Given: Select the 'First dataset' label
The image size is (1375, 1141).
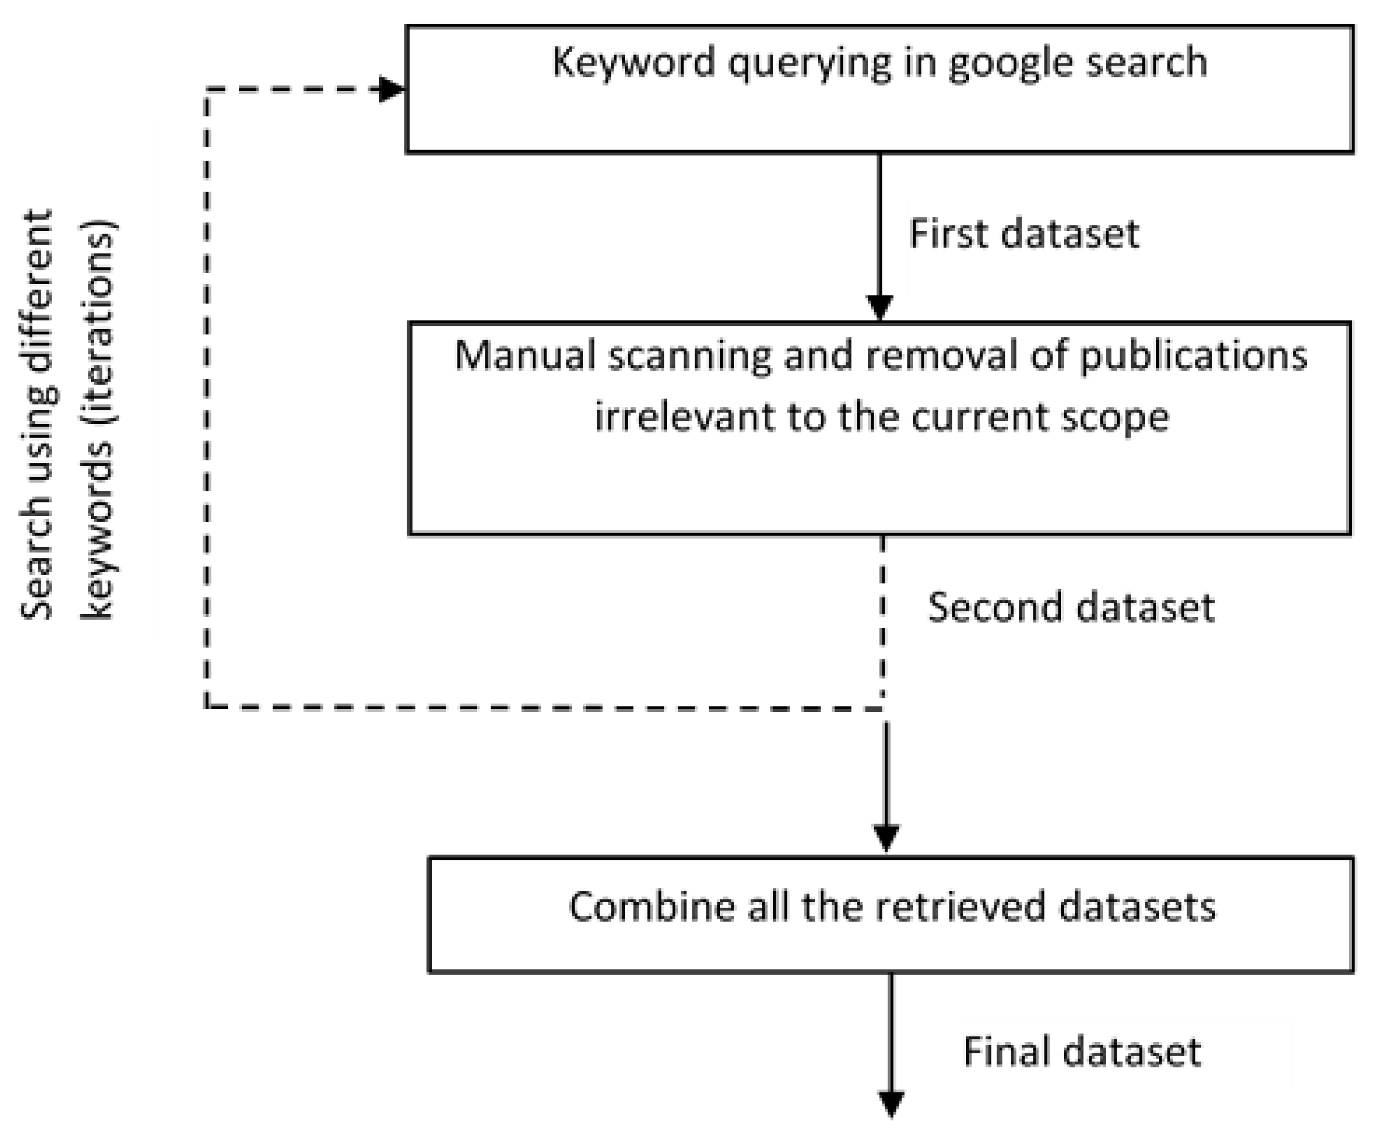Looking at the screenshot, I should [1023, 234].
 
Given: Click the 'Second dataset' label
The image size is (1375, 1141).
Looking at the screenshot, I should [1071, 607].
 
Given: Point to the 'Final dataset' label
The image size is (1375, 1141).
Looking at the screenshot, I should [1081, 1052].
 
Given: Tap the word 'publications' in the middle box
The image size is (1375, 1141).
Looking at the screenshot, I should [1193, 357].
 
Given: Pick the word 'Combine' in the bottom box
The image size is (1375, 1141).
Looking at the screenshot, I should [652, 908].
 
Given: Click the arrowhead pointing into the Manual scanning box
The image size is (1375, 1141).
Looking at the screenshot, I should [880, 307].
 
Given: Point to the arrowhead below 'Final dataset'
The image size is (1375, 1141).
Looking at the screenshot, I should [891, 1104].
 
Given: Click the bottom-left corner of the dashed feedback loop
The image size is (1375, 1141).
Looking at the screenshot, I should [207, 707].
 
